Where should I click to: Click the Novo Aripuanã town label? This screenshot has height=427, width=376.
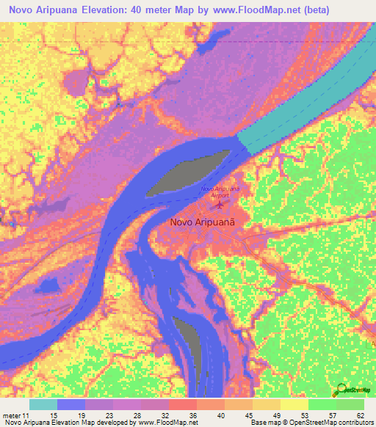(206, 221)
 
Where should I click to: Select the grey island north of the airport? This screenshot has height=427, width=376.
(187, 171)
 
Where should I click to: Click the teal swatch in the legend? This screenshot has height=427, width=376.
(43, 404)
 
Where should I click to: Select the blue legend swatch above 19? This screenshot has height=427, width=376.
(71, 404)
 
